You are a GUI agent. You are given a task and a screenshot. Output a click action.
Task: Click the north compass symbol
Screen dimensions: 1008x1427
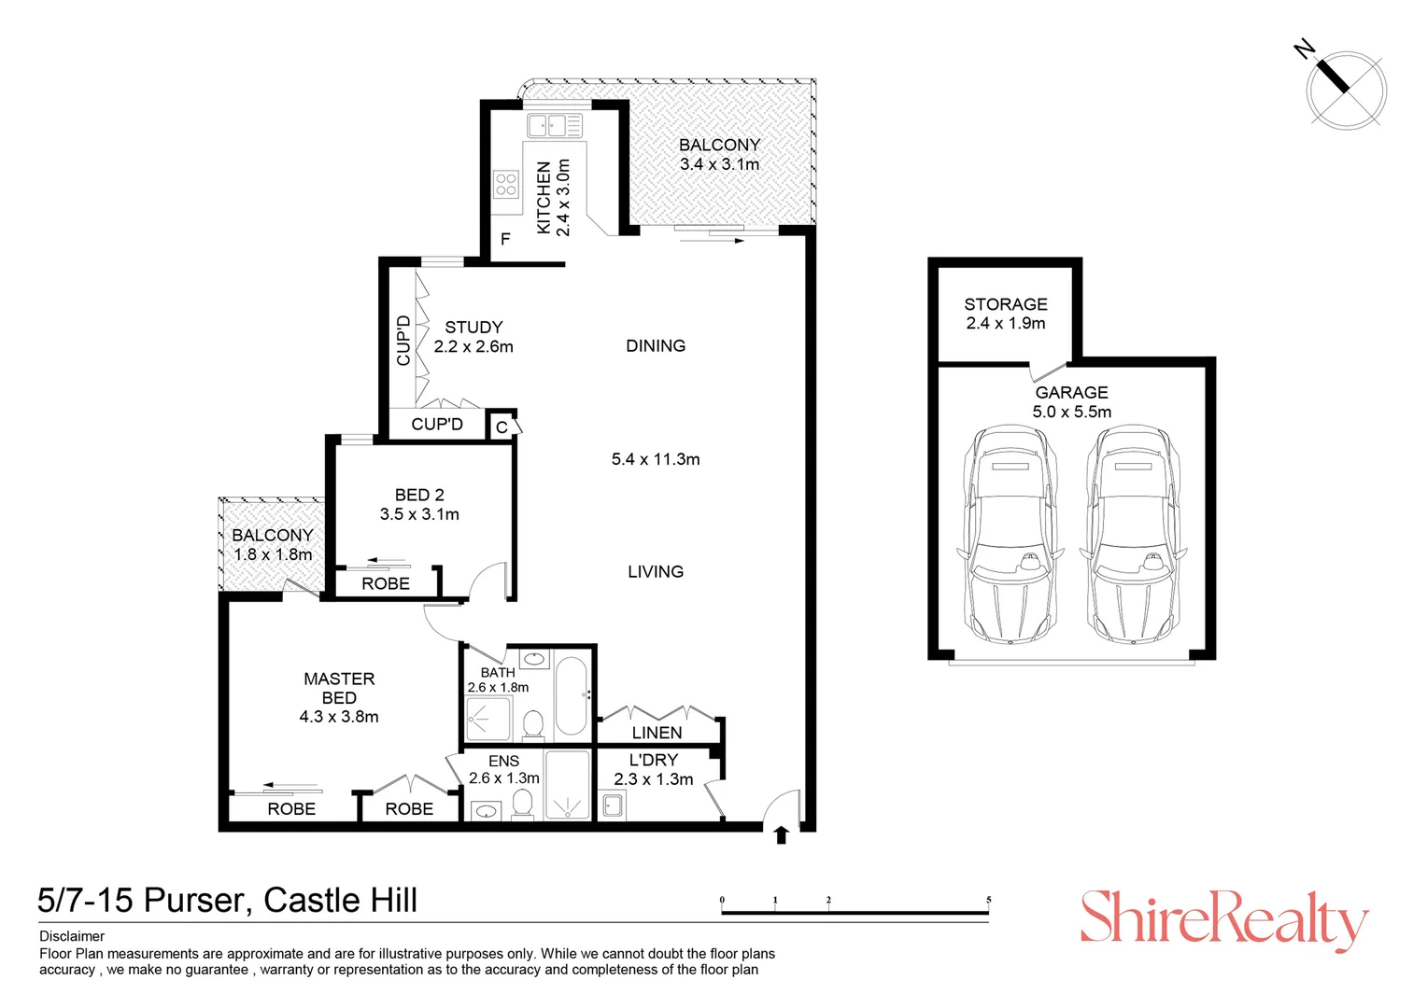1346,90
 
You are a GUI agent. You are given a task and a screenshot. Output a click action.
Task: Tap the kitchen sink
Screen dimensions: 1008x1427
553,125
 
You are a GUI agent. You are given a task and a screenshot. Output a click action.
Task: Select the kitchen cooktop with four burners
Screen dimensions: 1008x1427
506,184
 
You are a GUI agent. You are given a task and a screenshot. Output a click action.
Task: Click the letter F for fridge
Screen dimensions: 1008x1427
505,240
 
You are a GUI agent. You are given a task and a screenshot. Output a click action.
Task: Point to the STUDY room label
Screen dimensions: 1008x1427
473,328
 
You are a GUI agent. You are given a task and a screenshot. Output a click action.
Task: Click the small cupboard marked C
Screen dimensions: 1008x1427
502,427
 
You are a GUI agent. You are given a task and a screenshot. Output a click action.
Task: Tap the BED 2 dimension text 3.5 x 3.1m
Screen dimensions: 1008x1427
419,514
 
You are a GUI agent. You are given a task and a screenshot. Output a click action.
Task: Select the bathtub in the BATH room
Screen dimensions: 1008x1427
571,695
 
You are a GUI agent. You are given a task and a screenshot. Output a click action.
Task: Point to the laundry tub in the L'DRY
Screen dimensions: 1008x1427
613,805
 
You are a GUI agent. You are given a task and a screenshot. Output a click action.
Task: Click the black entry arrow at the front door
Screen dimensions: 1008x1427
782,834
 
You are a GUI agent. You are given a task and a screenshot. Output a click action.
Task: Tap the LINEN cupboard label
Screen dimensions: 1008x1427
657,734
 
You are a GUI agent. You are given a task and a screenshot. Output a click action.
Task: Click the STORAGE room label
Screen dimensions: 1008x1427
1005,304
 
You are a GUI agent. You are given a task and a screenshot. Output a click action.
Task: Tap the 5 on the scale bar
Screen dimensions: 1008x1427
988,901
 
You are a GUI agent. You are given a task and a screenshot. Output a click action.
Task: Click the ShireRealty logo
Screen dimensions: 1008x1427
1223,918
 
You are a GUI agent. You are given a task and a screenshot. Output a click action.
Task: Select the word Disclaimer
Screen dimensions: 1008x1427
72,936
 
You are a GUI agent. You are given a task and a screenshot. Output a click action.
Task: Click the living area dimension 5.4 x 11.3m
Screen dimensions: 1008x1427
656,459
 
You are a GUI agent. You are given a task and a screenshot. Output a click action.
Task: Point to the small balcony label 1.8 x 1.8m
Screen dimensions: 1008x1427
273,554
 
